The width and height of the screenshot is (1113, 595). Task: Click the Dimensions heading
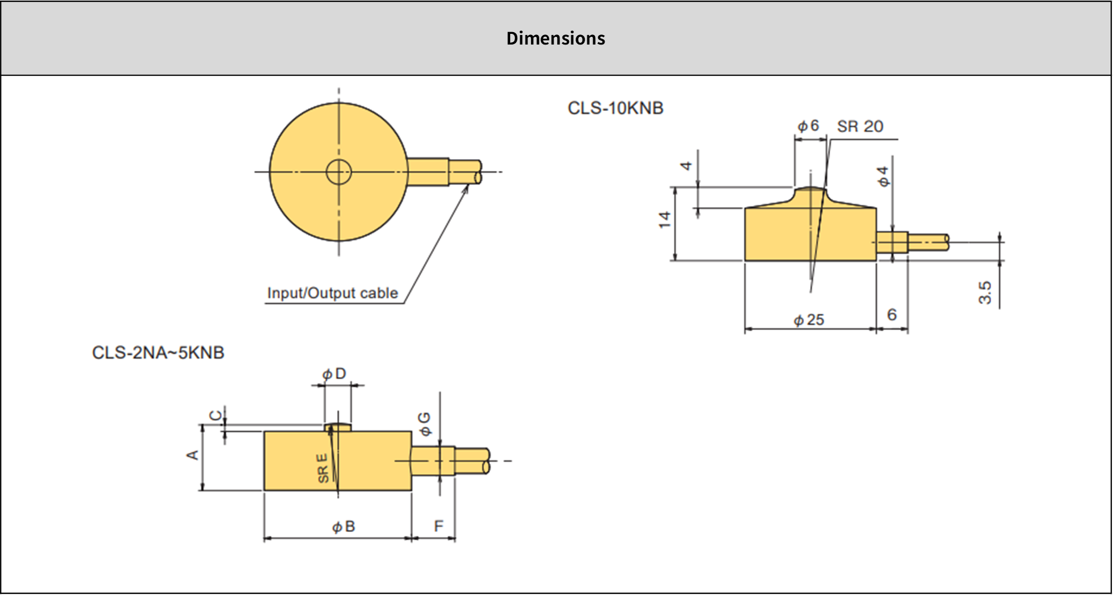point(555,38)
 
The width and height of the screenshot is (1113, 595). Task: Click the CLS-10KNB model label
point(615,108)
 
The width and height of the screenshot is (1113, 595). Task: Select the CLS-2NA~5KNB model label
point(158,353)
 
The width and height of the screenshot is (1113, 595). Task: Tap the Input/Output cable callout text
point(332,293)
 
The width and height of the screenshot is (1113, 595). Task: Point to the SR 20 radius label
point(860,126)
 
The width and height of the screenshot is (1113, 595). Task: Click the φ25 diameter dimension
point(809,319)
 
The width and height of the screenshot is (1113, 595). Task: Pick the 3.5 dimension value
point(985,293)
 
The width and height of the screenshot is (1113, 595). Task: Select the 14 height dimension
point(665,219)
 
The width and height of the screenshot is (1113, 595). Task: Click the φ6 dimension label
point(808,126)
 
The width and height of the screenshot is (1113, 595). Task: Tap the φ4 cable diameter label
point(884,176)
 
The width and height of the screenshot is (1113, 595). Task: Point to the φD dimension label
point(334,374)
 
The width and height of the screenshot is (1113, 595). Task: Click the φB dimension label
point(343,527)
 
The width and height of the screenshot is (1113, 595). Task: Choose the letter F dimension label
point(438,527)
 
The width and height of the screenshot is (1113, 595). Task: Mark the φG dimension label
point(425,424)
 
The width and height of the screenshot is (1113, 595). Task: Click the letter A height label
point(192,455)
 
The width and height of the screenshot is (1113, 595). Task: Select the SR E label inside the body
point(322,468)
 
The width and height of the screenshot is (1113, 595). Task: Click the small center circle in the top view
point(339,172)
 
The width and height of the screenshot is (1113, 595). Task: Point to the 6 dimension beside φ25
point(891,315)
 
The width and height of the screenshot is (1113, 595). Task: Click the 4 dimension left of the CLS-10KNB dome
point(687,166)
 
